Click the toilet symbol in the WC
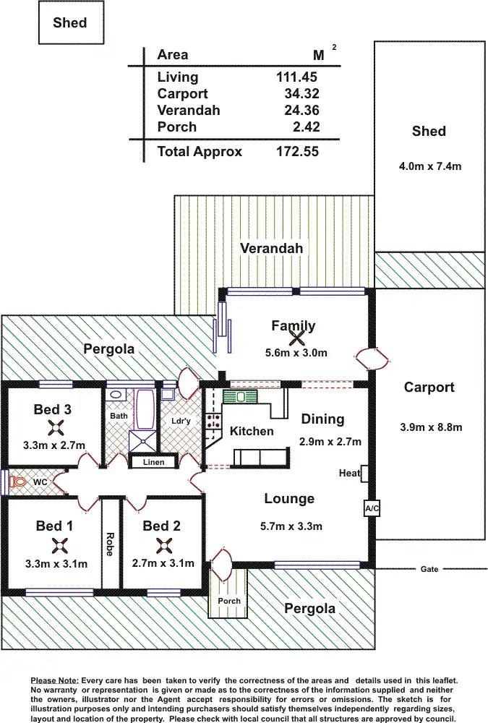pos(17,481)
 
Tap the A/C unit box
pos(372,509)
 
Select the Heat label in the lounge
pos(349,473)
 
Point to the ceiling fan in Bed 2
pos(161,544)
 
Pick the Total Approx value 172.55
pos(297,152)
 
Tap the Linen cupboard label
pos(153,462)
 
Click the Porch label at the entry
pos(229,601)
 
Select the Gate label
pos(429,569)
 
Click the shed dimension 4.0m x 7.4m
pos(429,166)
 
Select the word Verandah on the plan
pos(272,248)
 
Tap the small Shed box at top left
pos(69,22)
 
